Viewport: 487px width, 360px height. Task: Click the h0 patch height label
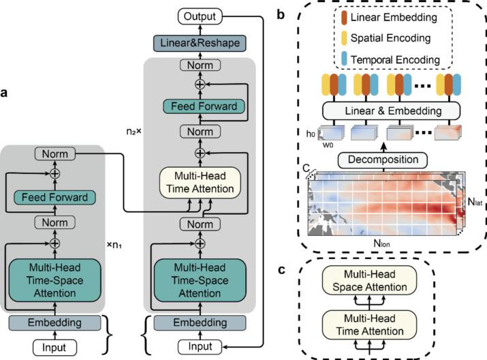tap(311, 133)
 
